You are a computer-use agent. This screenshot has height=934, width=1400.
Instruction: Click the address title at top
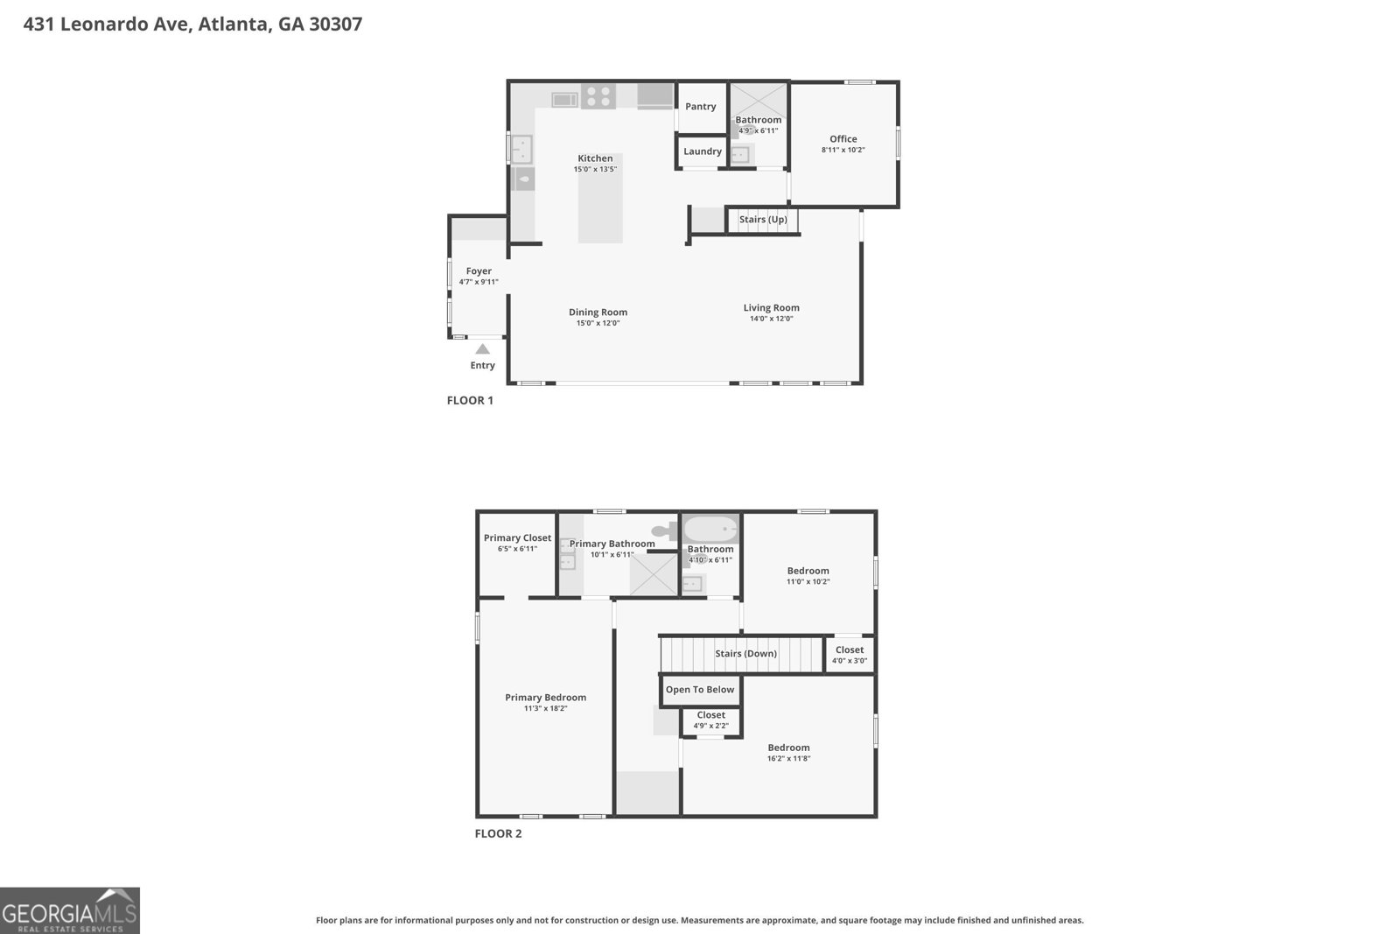192,24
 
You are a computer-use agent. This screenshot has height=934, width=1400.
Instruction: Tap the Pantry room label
700,107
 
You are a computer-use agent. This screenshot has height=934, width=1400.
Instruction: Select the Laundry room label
702,151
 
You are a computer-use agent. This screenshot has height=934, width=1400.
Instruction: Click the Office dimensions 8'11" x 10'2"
843,150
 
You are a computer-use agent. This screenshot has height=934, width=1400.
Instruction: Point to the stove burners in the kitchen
598,96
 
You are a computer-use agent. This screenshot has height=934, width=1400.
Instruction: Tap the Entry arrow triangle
482,348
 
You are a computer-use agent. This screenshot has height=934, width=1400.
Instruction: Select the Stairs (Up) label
762,220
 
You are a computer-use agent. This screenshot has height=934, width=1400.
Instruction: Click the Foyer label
479,271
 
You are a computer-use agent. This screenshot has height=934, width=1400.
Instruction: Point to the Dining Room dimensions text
598,323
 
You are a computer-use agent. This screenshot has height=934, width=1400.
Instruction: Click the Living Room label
771,308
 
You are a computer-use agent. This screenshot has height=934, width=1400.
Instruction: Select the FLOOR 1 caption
470,401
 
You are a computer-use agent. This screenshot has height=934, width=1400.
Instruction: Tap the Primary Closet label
517,538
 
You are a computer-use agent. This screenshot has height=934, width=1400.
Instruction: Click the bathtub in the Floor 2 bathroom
710,529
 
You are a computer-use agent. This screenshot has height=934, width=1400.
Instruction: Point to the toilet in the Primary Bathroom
665,530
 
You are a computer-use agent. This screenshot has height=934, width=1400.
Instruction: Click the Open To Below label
700,690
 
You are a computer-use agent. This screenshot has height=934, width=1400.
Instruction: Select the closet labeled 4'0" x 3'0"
849,655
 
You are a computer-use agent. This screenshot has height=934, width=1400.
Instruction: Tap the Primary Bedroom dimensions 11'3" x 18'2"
545,708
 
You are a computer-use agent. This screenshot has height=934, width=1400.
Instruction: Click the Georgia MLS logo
70,911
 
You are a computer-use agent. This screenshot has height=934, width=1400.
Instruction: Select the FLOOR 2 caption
498,833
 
